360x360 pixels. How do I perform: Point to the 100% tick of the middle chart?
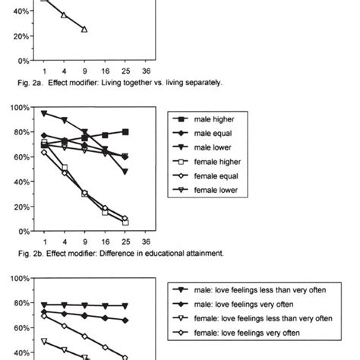coord(19,107)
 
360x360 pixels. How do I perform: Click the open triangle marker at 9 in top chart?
coord(84,30)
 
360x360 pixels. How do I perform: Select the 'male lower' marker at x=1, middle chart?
coord(44,113)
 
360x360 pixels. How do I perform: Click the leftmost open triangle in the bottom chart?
coord(44,341)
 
